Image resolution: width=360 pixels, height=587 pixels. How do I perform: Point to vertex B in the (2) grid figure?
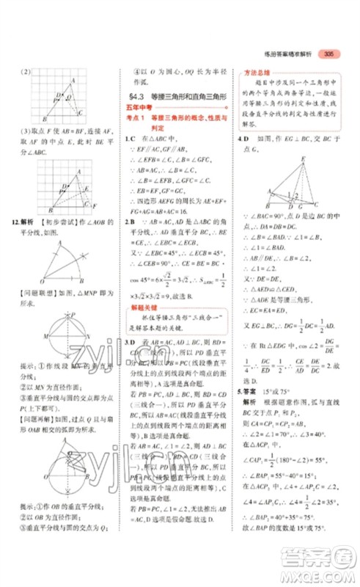click(44, 120)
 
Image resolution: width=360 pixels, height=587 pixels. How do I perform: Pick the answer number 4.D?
click(241, 137)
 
